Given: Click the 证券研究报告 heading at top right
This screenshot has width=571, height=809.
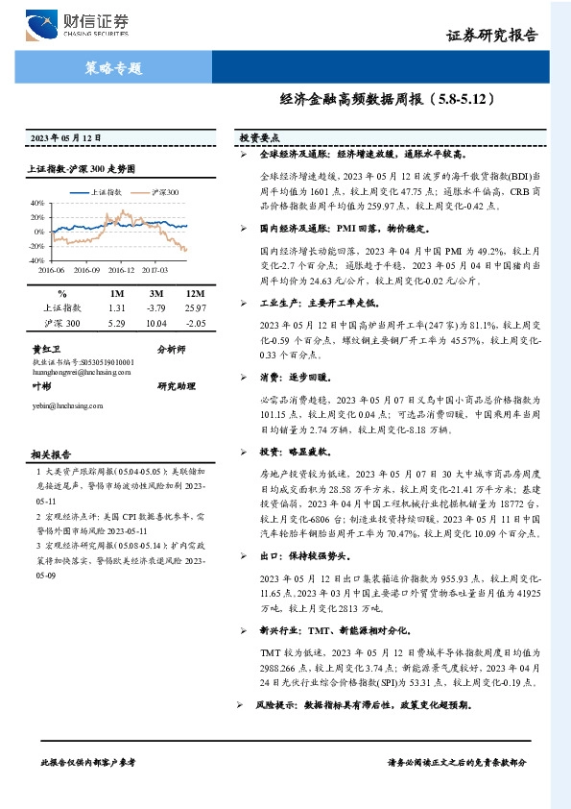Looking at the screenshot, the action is pos(492,36).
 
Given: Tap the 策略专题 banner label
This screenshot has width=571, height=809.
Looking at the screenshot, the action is pos(120,68).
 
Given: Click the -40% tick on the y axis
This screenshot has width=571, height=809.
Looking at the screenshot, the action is pos(36,260).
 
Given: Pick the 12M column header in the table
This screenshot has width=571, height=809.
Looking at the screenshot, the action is pos(195,293).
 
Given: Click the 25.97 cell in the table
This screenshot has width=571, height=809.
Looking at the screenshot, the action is pos(195,307).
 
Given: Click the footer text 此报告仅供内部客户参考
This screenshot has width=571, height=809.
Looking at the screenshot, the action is pos(88,761).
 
